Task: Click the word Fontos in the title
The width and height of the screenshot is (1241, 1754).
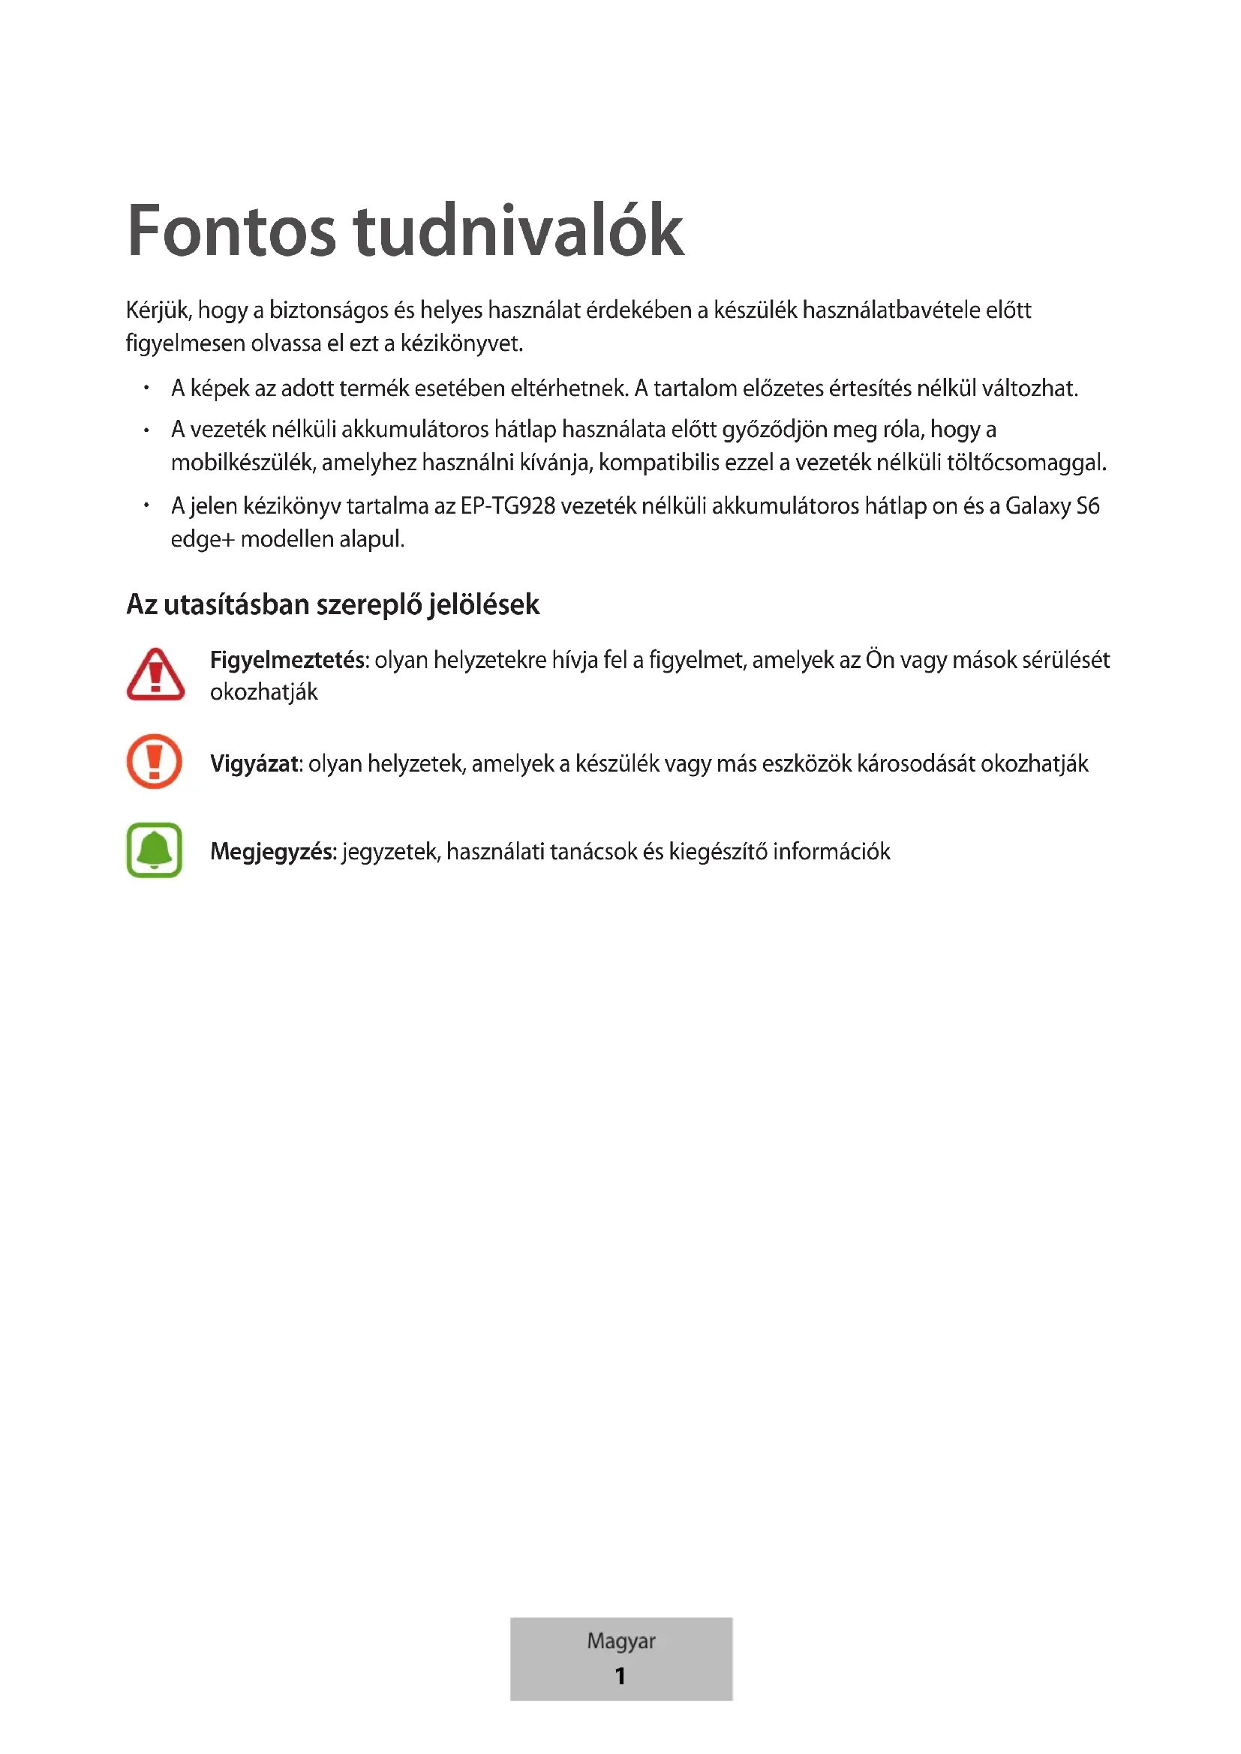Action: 231,232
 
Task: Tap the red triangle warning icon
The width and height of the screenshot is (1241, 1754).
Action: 155,675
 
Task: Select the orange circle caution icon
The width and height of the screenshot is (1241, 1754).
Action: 155,761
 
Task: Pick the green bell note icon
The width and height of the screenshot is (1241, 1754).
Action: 155,850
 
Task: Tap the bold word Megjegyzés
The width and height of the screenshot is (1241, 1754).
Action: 273,851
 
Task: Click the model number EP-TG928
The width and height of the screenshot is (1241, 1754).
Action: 507,505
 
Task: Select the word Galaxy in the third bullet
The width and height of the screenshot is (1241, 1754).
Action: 1037,505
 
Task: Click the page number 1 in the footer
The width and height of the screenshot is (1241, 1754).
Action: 620,1676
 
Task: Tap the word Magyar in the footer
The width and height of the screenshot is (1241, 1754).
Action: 620,1641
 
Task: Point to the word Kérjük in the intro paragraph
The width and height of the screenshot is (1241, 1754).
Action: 158,310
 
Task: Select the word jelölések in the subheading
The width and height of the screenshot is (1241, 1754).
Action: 484,604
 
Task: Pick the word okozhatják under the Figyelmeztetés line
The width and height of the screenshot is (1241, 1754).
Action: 263,692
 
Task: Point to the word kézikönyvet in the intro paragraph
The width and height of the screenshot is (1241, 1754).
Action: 461,343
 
